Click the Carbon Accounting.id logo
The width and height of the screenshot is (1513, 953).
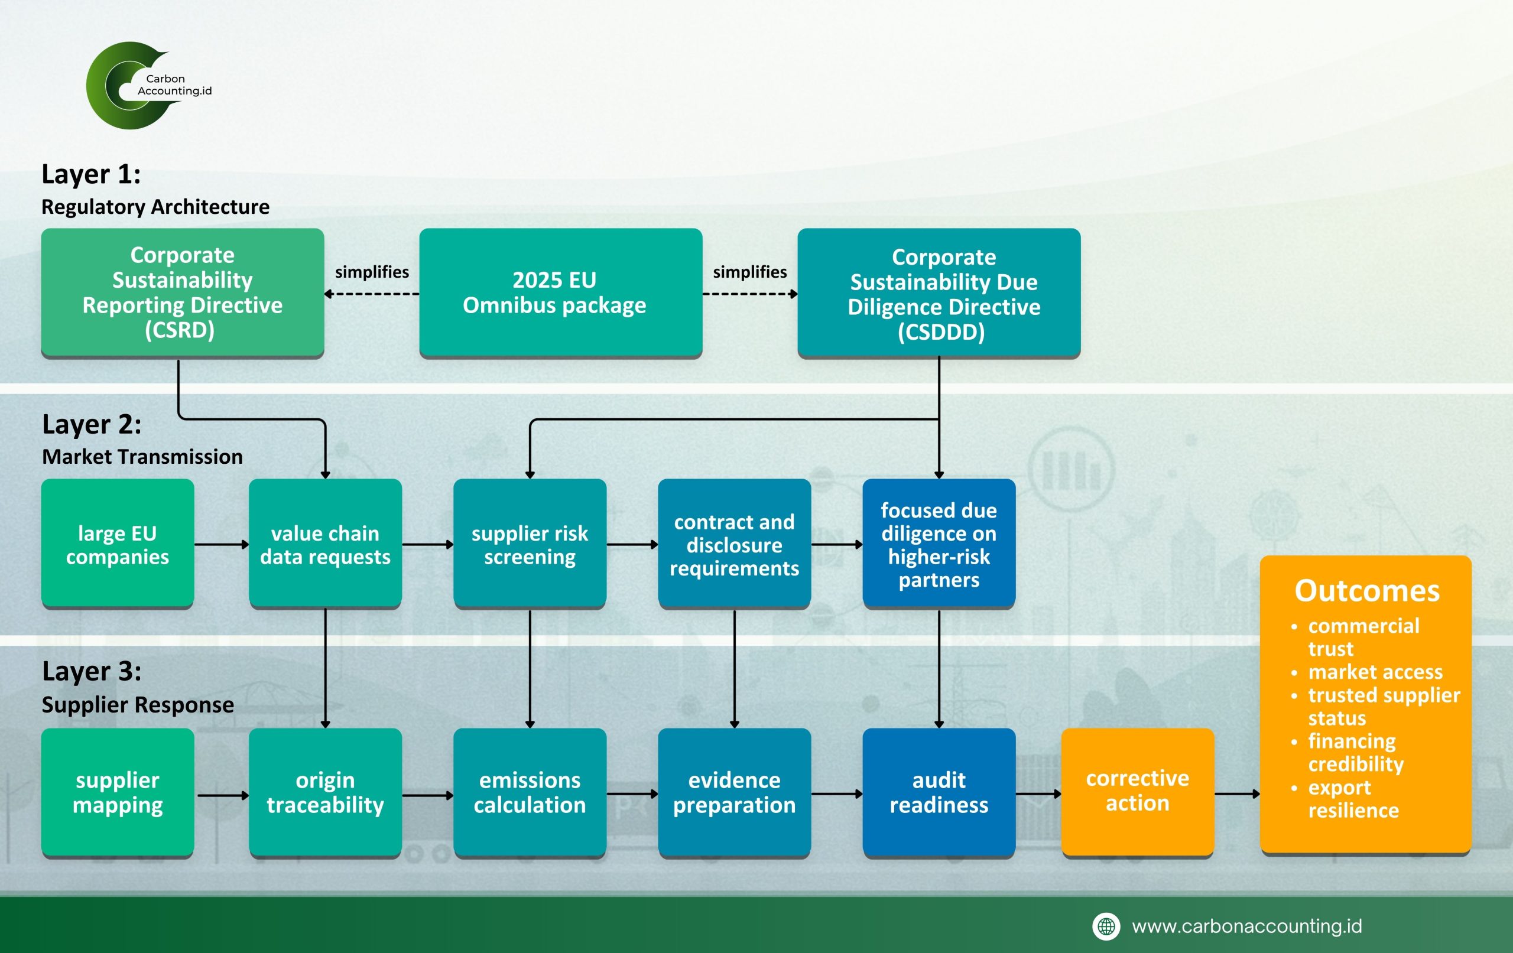click(148, 85)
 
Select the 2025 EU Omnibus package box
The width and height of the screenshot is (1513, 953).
click(560, 292)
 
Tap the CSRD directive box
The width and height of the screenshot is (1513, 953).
click(182, 292)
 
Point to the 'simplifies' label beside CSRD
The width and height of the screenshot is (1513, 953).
click(371, 272)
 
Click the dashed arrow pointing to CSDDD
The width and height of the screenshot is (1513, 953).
click(749, 294)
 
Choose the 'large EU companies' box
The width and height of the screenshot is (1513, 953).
click(118, 544)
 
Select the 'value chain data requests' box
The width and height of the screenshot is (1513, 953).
click(325, 544)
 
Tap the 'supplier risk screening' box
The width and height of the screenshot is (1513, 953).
click(530, 544)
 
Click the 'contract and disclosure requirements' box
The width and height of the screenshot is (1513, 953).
click(734, 544)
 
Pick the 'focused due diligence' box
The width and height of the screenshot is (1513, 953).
click(939, 544)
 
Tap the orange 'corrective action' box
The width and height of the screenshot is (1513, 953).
click(1137, 791)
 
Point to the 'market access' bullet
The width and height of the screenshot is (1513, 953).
click(1375, 672)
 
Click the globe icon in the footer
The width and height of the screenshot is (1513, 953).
click(1106, 926)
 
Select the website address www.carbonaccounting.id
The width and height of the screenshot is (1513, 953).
click(1246, 926)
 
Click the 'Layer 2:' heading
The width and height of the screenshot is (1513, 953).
click(92, 425)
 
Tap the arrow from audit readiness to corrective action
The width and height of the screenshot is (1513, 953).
click(1038, 794)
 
